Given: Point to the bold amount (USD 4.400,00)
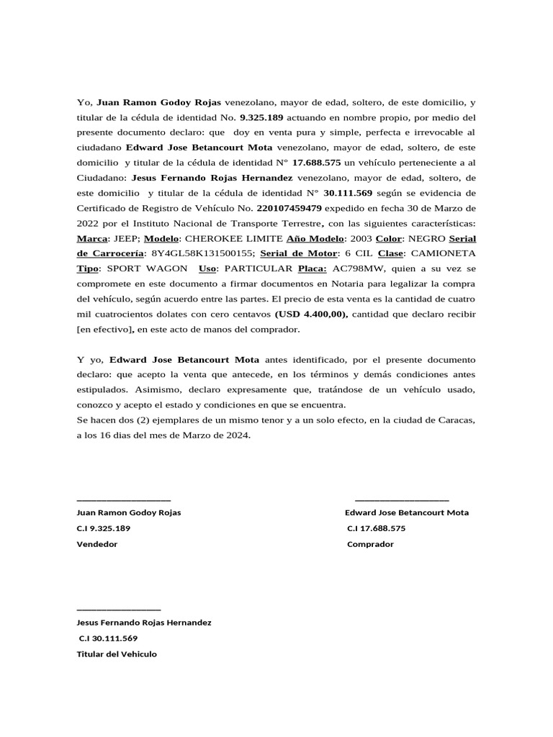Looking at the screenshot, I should (x=310, y=314).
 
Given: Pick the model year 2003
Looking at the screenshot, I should (x=361, y=238).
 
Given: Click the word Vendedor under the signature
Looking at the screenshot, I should (x=97, y=544).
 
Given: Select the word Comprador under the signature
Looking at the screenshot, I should (x=370, y=544).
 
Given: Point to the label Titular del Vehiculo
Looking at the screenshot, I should (x=117, y=654).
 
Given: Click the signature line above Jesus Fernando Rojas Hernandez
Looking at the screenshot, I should (x=119, y=609).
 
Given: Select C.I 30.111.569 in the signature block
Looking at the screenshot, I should (x=108, y=638).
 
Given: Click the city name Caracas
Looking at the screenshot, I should (x=453, y=420).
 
